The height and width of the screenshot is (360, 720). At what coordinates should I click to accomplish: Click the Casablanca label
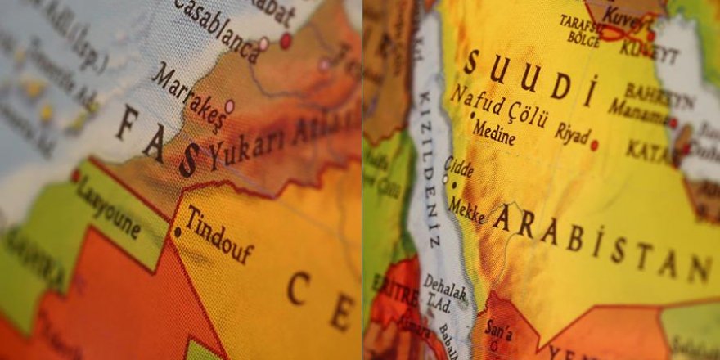pos(216,29)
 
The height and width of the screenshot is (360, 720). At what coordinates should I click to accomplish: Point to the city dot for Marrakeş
pos(229,106)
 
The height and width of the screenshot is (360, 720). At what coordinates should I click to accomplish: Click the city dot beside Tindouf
pos(177,232)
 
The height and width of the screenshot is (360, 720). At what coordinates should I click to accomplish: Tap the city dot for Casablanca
pos(263,43)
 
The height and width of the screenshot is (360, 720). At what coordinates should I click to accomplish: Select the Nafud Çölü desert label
pos(498,108)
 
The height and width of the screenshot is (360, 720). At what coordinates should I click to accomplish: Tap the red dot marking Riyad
pos(594,145)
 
